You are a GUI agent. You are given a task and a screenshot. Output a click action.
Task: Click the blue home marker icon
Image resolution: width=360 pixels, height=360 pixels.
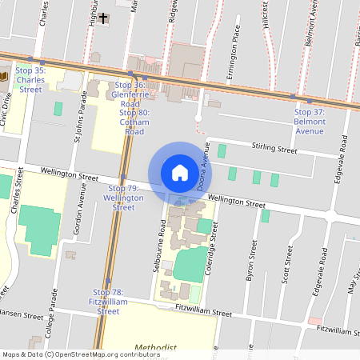point(180,172)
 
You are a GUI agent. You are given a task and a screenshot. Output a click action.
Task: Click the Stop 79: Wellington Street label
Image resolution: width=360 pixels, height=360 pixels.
point(123,197)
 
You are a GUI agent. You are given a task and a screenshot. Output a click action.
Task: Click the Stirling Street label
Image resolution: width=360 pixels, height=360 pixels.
point(274,150)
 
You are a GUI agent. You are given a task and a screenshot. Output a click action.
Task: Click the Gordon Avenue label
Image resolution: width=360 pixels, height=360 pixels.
point(82,210)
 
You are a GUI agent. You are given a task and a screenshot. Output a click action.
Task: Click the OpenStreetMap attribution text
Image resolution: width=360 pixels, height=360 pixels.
point(80,354)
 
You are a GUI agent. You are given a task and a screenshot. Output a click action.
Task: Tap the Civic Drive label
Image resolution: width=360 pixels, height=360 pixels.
point(8,103)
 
